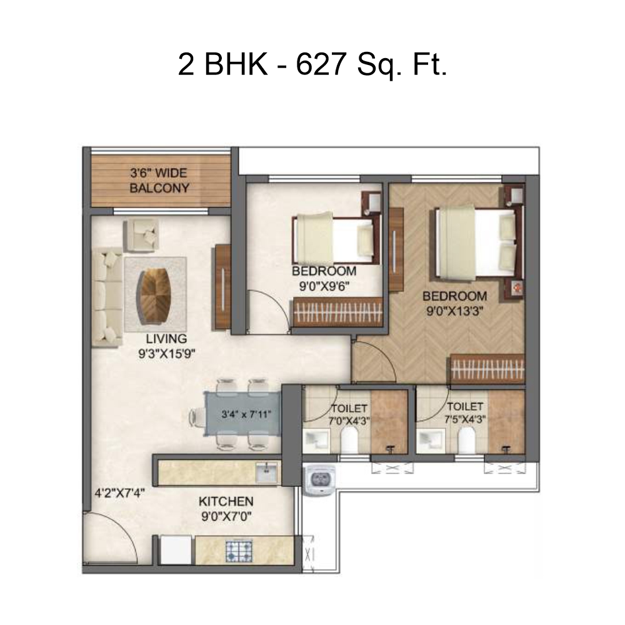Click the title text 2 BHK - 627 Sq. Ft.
(x=312, y=66)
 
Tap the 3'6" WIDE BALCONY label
(x=159, y=181)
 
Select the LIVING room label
(x=166, y=339)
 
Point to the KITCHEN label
(x=226, y=501)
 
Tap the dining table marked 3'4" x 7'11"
(x=242, y=414)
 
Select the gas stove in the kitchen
(x=239, y=551)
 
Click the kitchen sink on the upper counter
(x=266, y=472)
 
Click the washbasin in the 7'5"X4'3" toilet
(x=431, y=441)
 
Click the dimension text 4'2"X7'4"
(x=119, y=494)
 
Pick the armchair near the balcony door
(x=141, y=236)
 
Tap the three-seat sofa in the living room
(x=107, y=297)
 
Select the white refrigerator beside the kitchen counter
(x=176, y=550)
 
